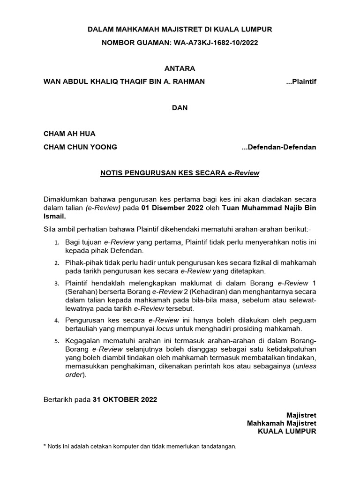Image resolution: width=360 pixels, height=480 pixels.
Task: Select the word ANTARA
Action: [180, 68]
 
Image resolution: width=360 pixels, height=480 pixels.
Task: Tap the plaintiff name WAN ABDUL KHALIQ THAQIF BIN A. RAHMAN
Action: [124, 82]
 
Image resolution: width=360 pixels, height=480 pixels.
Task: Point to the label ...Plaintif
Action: [301, 82]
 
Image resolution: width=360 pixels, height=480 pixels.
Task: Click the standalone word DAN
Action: [180, 107]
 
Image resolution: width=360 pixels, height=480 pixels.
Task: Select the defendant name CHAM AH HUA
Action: [69, 134]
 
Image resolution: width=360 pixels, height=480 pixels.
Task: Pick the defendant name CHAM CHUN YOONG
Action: [80, 147]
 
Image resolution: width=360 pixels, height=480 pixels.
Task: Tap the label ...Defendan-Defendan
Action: [279, 147]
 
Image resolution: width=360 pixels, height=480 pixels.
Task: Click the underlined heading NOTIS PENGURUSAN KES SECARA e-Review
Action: [180, 173]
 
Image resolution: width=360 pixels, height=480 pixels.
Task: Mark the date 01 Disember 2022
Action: [175, 208]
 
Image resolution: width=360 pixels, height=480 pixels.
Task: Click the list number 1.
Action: [56, 243]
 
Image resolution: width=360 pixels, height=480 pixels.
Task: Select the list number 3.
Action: [56, 284]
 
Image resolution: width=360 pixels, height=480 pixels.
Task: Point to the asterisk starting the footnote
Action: [45, 446]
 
